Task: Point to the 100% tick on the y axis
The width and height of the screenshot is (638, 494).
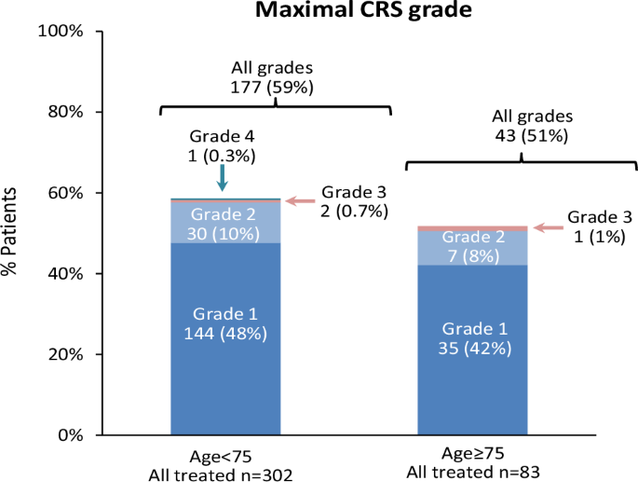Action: tap(63, 31)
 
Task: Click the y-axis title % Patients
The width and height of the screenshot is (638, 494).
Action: tap(13, 232)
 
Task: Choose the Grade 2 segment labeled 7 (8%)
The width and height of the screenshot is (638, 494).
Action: tap(472, 247)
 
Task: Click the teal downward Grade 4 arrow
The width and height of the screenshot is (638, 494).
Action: tap(221, 177)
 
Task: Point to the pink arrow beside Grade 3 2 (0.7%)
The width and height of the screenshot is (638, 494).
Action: tap(299, 200)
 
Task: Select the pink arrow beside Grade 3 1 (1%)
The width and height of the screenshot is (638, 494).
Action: tap(549, 226)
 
